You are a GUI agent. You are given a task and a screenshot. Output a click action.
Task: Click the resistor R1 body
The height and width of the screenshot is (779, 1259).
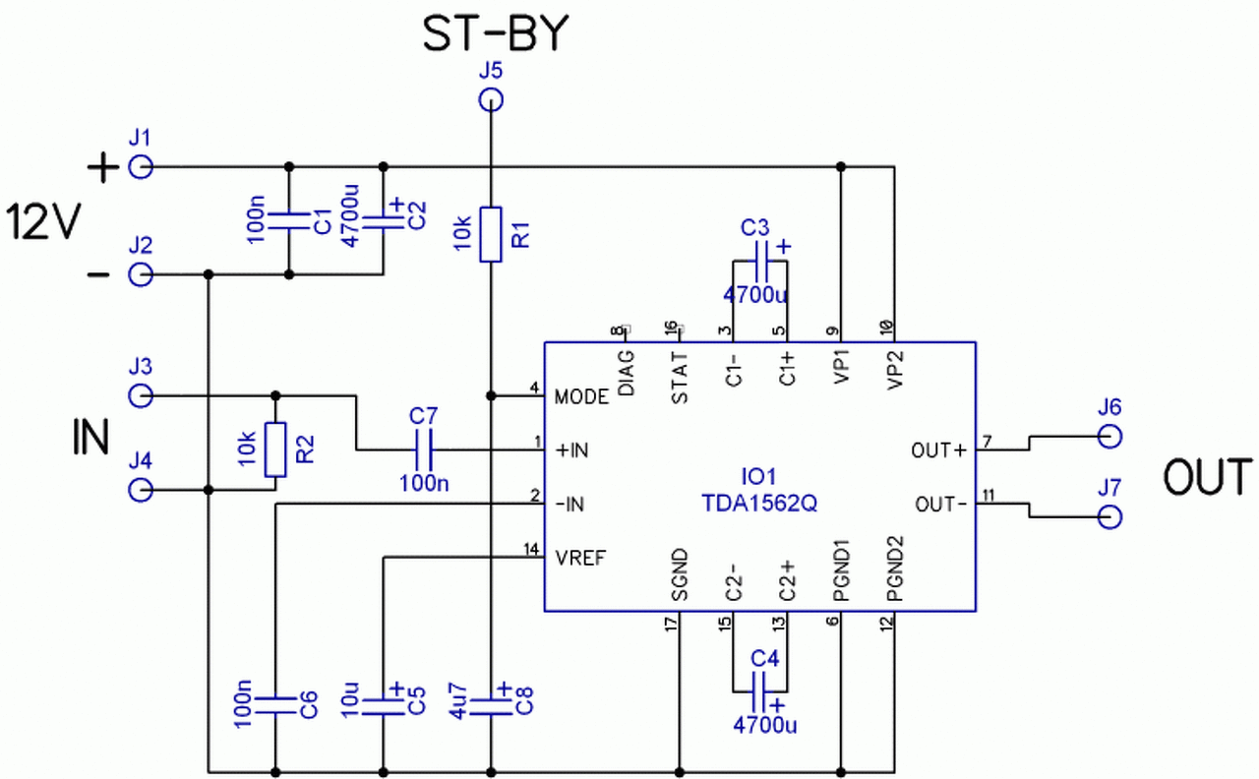(x=491, y=234)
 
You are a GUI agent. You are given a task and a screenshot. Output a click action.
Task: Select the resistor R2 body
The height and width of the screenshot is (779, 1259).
(x=275, y=449)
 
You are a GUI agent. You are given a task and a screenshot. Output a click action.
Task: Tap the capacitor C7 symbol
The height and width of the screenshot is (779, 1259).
(x=423, y=449)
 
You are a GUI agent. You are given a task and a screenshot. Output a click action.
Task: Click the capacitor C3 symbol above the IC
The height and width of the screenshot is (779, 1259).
(x=760, y=262)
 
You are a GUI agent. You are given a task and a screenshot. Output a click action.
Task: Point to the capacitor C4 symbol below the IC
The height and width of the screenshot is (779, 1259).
(x=760, y=691)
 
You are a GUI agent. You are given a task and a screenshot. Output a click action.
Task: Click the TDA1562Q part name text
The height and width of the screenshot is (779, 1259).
(x=759, y=504)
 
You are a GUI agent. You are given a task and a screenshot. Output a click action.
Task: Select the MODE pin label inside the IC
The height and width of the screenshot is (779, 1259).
(x=581, y=397)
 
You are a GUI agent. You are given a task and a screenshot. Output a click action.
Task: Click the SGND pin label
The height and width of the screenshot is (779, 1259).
(x=680, y=574)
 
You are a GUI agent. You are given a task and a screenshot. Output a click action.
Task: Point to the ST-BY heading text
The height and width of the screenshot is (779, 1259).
(x=497, y=33)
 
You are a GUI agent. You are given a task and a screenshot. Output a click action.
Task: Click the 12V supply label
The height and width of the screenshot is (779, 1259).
(x=44, y=222)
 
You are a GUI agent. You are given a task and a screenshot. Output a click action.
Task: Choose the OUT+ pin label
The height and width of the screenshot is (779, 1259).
(x=939, y=450)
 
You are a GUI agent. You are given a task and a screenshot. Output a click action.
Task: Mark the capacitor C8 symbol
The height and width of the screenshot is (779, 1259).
(x=491, y=707)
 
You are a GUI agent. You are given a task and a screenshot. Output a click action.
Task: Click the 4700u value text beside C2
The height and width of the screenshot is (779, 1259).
(x=349, y=215)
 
